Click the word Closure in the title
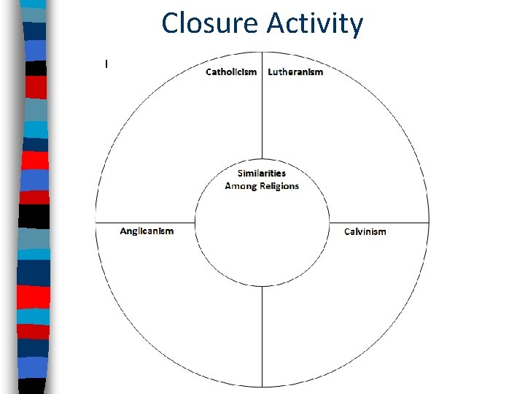(x=210, y=23)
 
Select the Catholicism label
(x=231, y=72)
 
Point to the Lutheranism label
(x=295, y=72)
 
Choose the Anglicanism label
(x=147, y=231)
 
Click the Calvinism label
(x=365, y=232)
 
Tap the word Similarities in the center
(x=262, y=173)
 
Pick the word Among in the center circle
(x=241, y=186)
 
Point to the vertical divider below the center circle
(x=262, y=336)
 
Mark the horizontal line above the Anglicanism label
(x=146, y=222)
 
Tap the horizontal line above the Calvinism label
(x=379, y=222)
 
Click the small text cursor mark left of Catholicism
(x=106, y=64)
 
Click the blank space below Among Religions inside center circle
(x=262, y=241)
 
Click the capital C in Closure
(x=171, y=23)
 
